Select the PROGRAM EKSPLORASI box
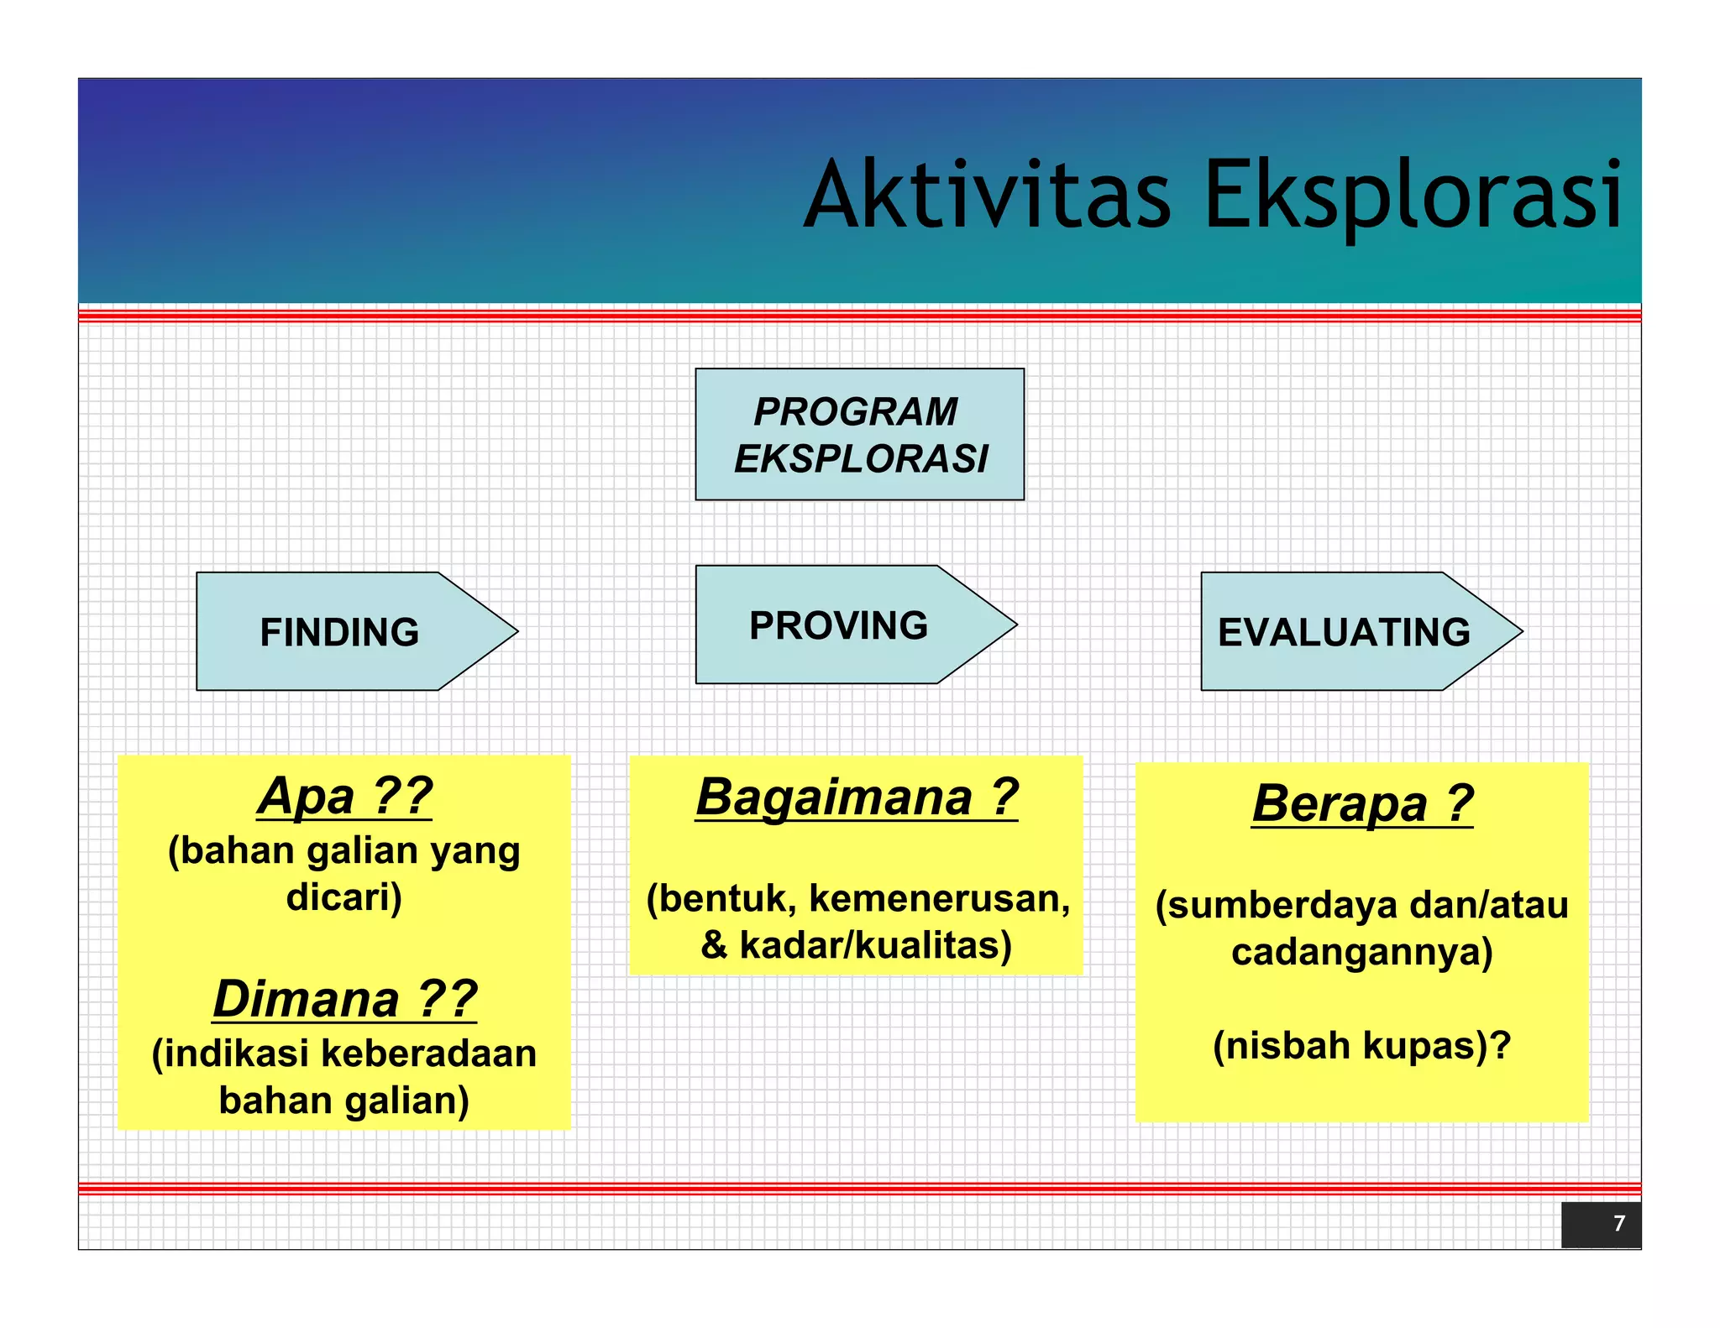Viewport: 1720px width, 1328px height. tap(859, 434)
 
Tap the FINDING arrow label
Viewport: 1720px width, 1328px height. tap(339, 632)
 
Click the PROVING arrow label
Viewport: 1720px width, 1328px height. tap(838, 625)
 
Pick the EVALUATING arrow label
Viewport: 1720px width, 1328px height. tap(1344, 632)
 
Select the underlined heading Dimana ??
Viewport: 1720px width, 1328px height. tap(344, 999)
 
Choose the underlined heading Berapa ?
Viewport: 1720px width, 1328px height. tap(1362, 803)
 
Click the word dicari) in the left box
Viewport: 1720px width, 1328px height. tap(344, 897)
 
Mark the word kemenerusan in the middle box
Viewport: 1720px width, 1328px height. tap(939, 898)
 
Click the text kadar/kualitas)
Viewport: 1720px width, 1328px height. tap(875, 945)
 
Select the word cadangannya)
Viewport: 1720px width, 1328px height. tap(1362, 952)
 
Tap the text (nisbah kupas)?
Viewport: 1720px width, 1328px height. tap(1362, 1045)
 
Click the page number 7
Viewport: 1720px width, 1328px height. tap(1618, 1223)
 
